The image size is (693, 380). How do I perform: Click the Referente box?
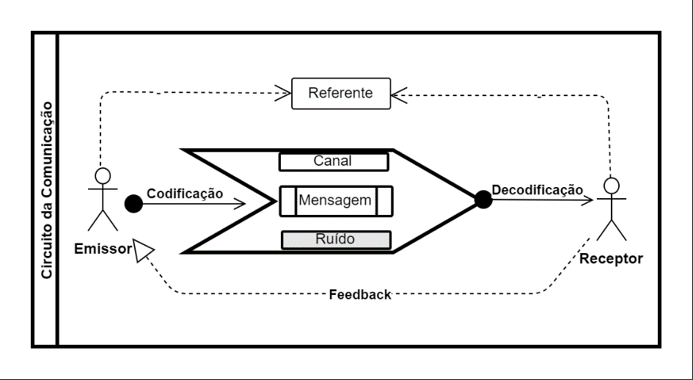click(341, 93)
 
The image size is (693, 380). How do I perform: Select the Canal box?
click(334, 161)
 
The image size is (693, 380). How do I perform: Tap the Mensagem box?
click(337, 201)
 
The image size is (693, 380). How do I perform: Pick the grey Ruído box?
click(337, 240)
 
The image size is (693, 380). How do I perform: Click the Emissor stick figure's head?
click(103, 175)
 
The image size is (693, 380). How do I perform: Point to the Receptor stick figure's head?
click(612, 186)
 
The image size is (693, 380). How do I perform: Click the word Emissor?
click(103, 249)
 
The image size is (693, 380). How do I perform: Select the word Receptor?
click(612, 259)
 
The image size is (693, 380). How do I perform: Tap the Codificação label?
click(185, 194)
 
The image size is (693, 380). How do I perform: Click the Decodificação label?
click(538, 190)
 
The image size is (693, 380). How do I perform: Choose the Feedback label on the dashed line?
click(360, 295)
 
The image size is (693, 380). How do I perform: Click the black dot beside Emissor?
click(133, 204)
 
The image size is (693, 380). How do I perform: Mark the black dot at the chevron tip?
click(483, 200)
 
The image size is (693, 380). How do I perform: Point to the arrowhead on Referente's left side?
click(283, 93)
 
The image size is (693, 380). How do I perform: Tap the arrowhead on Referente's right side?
click(399, 95)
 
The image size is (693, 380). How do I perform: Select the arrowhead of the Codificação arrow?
click(239, 204)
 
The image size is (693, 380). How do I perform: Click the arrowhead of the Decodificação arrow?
click(587, 200)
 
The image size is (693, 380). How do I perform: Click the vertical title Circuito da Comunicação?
click(46, 190)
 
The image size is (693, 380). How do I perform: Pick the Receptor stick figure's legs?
click(612, 230)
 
